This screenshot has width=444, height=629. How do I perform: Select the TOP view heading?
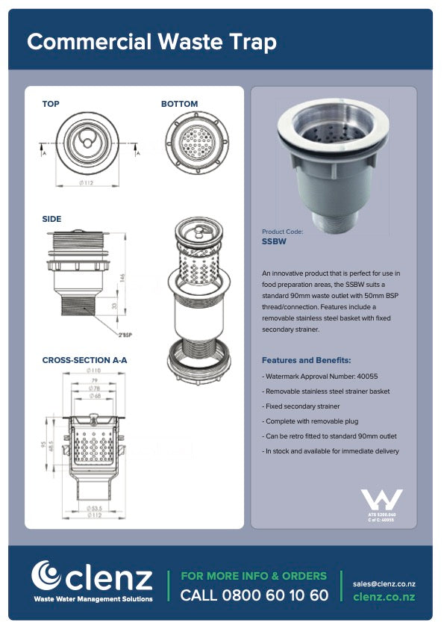coord(51,104)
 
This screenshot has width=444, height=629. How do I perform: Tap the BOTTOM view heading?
coord(180,104)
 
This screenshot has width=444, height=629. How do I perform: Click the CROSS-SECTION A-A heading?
coord(84,360)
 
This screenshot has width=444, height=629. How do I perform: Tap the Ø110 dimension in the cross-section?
coord(94,371)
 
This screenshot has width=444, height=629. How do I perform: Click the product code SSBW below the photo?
coord(274,242)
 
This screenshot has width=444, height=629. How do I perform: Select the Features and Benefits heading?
coord(306,360)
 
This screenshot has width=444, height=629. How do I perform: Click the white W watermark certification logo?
coord(381,500)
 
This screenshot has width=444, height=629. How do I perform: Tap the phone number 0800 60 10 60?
coord(254,595)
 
